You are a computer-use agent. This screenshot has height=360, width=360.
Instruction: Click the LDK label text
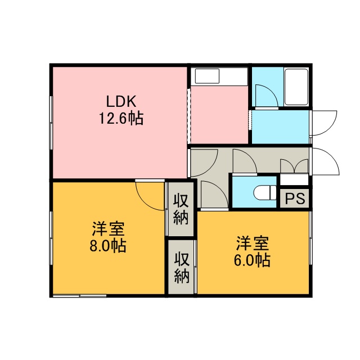(x=121, y=101)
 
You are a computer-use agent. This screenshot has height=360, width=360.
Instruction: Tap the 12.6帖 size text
(x=121, y=118)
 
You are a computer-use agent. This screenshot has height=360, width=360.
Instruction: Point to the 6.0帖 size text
(x=252, y=260)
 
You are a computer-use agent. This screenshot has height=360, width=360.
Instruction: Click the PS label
(x=295, y=199)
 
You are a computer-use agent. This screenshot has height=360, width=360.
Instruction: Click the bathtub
(x=296, y=87)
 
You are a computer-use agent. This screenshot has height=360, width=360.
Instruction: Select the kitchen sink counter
(x=219, y=76)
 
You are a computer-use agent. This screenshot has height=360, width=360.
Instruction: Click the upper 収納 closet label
(x=181, y=209)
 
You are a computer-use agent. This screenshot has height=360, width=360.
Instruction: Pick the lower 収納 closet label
(x=181, y=268)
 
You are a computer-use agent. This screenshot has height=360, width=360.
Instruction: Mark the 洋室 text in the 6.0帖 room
(x=253, y=244)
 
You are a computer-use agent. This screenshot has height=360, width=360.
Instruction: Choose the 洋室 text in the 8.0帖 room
(x=109, y=229)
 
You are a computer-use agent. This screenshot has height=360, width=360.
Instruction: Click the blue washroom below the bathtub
(x=280, y=127)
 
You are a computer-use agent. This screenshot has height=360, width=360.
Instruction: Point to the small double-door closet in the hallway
(x=294, y=166)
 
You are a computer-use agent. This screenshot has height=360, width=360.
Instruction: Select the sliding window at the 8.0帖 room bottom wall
(x=79, y=296)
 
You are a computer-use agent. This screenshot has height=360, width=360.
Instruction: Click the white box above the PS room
(x=294, y=179)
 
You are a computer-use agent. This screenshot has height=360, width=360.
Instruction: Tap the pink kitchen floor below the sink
(x=219, y=115)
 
